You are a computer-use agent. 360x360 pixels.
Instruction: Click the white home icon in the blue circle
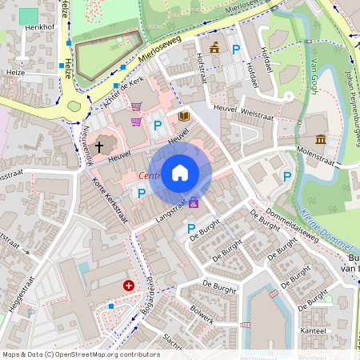coord(180,172)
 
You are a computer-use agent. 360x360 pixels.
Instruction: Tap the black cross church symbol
coord(100,146)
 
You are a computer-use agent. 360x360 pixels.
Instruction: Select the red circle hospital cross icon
coord(128,285)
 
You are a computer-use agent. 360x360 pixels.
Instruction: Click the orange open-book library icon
coord(184,117)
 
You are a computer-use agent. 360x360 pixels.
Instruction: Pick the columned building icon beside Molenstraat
coord(321,140)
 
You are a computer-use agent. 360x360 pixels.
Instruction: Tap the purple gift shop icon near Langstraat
coord(194,203)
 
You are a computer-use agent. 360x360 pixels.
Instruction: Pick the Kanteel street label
coord(314,330)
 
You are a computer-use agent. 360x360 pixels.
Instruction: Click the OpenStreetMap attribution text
coord(80,354)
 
